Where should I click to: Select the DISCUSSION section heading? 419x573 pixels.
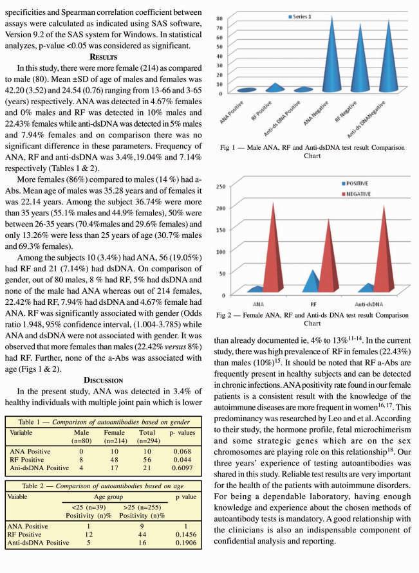click(x=104, y=379)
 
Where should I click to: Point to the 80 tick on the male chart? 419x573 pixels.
click(x=220, y=18)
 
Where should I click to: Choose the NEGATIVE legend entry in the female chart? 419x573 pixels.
click(x=363, y=194)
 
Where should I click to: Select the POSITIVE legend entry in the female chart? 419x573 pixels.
click(x=361, y=184)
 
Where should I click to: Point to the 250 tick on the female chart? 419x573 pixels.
click(x=219, y=186)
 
